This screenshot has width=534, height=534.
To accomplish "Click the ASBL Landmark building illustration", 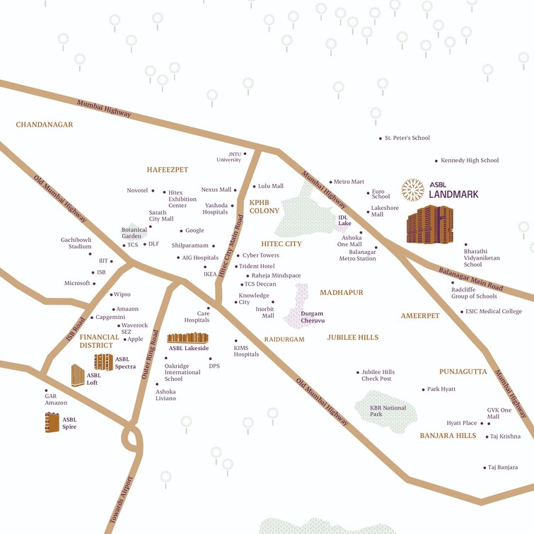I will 429,224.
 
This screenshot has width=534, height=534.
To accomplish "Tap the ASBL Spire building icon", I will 52,422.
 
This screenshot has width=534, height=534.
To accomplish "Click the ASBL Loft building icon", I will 78,375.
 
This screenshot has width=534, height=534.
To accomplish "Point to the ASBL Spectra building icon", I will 103,362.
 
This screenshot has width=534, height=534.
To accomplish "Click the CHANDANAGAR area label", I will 45,124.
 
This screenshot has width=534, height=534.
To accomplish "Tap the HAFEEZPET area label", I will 168,170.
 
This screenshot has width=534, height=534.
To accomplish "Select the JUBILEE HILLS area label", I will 352,337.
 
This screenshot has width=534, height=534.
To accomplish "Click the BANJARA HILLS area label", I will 448,436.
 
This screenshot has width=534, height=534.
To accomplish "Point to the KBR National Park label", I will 388,411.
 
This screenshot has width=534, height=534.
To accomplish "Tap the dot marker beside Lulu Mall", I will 254,186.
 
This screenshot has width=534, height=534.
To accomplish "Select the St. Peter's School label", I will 407,138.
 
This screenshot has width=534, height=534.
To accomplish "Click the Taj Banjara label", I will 502,467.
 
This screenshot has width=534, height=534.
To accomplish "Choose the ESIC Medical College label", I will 494,311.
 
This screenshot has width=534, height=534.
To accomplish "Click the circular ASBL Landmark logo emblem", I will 413,190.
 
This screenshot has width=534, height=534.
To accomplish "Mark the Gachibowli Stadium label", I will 76,243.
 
